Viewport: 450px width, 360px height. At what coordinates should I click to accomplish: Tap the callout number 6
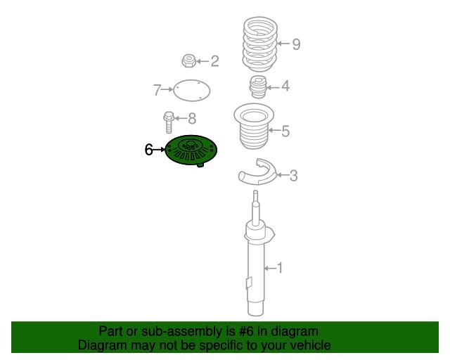click(x=148, y=150)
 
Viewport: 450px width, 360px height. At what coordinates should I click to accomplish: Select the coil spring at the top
click(x=260, y=44)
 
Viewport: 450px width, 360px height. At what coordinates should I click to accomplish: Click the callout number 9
click(x=296, y=44)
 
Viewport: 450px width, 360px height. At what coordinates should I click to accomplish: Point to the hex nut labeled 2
click(x=189, y=60)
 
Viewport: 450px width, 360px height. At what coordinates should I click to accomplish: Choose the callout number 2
click(x=214, y=61)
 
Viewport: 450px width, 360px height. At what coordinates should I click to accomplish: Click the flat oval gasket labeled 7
click(x=192, y=91)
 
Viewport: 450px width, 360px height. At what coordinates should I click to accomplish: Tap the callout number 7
click(x=157, y=90)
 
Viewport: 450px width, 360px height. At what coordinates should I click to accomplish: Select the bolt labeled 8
click(x=169, y=122)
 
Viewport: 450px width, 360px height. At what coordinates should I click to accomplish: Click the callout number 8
click(x=192, y=118)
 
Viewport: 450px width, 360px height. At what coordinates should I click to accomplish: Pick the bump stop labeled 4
click(x=258, y=86)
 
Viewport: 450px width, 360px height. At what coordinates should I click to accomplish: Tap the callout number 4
click(x=285, y=86)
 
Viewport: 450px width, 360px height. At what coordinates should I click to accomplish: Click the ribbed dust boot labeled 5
click(x=254, y=127)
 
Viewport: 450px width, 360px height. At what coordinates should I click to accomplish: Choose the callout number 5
click(x=285, y=131)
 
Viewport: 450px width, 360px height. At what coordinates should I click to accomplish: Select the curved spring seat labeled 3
click(x=257, y=172)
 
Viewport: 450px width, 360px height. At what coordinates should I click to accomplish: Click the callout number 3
click(x=293, y=175)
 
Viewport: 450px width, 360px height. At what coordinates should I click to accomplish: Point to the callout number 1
click(x=279, y=268)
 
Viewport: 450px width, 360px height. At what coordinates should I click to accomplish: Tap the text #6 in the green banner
click(x=246, y=332)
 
